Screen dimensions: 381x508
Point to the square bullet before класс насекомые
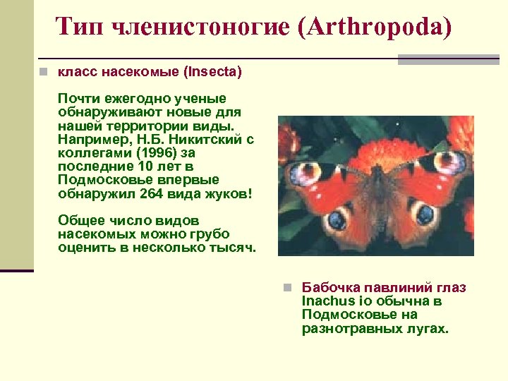[x=44, y=72]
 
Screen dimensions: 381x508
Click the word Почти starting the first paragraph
[x=79, y=99]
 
